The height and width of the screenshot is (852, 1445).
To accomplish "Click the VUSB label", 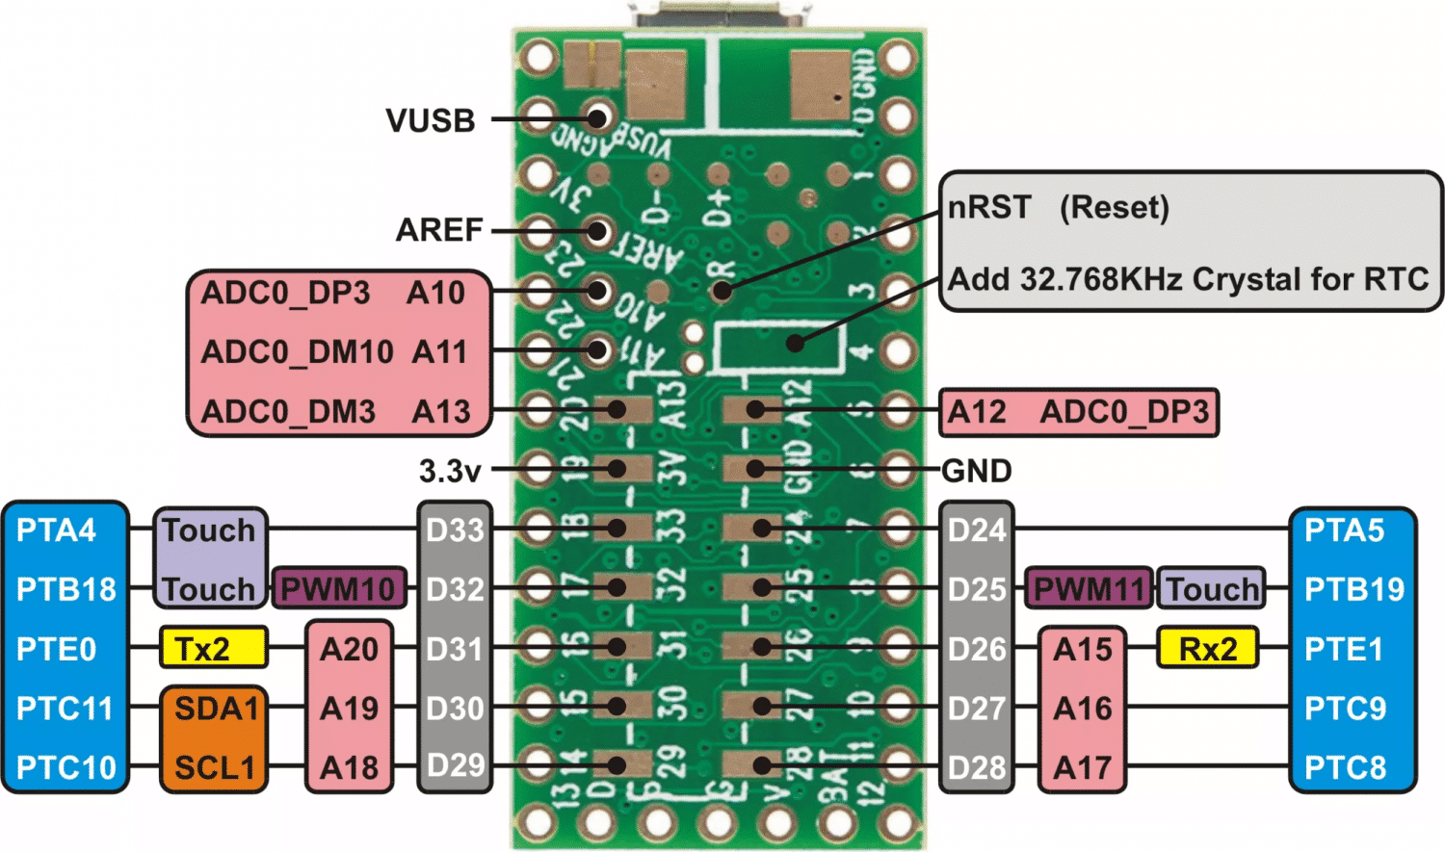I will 431,121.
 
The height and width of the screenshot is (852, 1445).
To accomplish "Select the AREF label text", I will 439,230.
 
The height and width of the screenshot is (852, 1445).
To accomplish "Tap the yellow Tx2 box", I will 213,649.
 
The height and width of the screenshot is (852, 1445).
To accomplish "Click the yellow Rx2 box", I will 1208,649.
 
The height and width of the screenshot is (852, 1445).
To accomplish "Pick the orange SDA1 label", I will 215,709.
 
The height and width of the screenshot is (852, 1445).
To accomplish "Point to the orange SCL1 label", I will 215,767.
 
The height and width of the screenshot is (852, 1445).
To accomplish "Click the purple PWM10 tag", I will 338,588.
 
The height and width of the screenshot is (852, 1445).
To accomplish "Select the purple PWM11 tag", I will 1089,588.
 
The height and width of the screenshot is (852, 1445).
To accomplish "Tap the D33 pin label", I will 455,529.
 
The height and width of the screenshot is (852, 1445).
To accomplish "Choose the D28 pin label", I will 976,767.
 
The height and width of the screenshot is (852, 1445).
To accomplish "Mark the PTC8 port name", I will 1345,767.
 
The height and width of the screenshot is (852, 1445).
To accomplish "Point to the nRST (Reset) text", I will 1058,207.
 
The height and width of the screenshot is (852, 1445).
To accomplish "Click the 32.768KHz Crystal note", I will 1188,279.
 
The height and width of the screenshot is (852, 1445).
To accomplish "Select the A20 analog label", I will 349,649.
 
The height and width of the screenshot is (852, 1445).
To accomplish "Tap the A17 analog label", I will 1083,767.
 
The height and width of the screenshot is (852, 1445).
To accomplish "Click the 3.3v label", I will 449,471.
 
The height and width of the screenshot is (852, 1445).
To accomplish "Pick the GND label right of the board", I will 976,471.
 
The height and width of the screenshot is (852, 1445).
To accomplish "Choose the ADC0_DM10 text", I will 297,352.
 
